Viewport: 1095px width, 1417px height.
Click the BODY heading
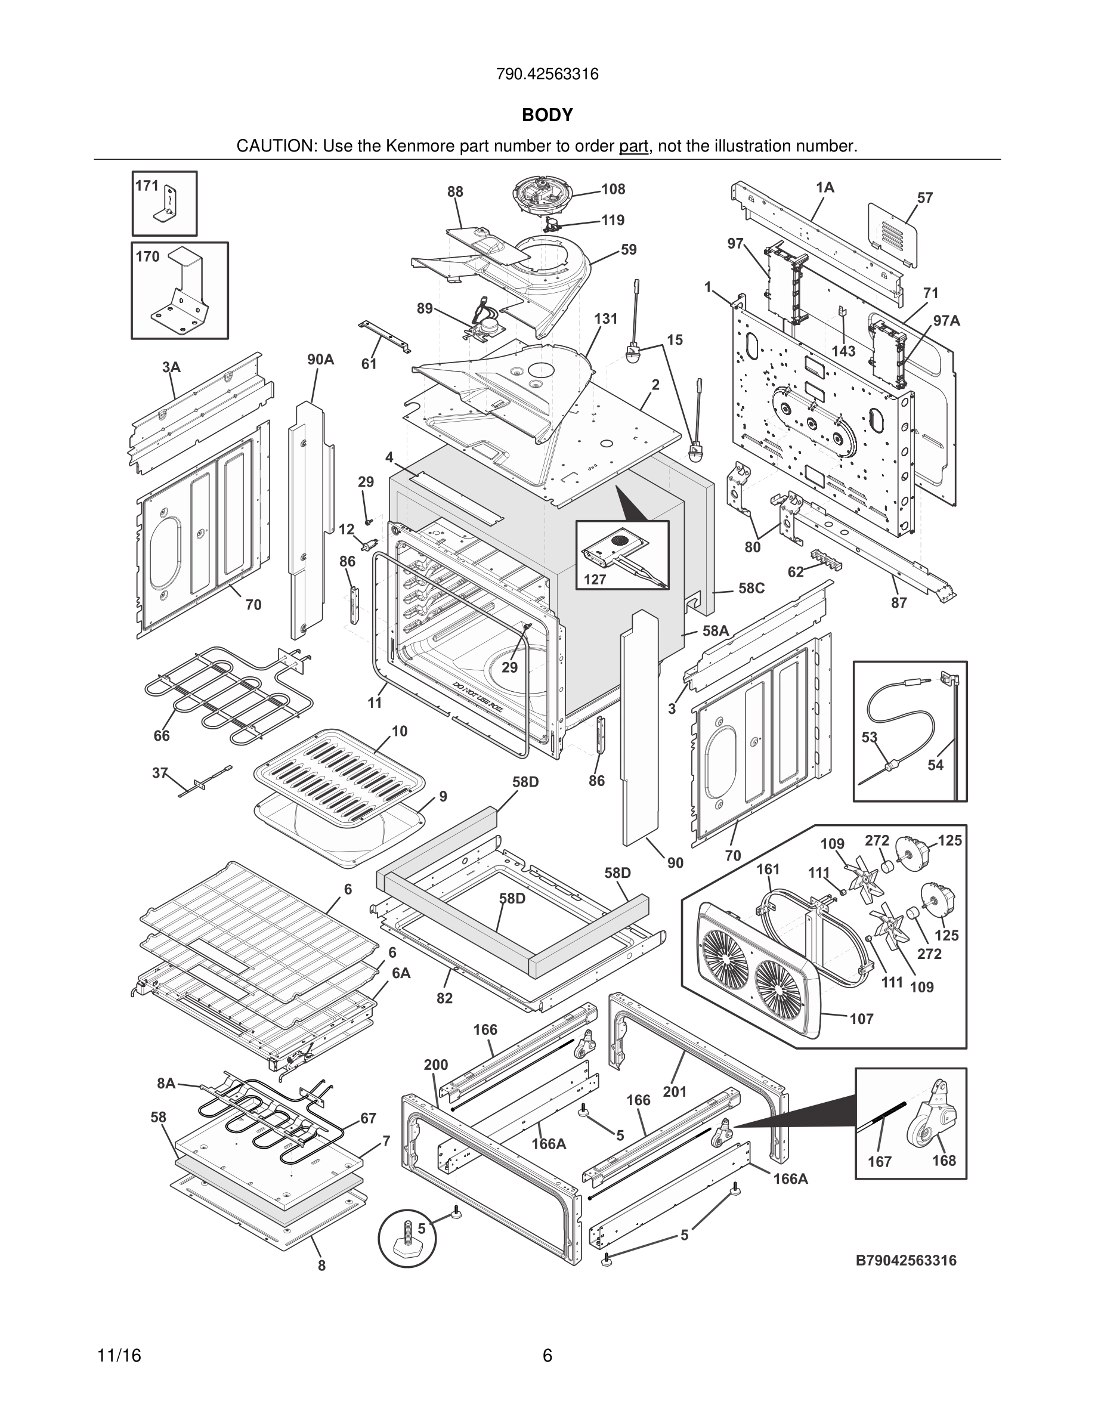tap(547, 115)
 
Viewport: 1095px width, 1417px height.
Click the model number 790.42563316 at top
tap(547, 75)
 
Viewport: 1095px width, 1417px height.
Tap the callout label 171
tap(147, 185)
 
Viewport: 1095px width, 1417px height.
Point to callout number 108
tap(613, 189)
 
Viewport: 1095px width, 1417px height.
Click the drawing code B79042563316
tap(905, 1261)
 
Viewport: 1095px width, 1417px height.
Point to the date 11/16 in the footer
tap(119, 1356)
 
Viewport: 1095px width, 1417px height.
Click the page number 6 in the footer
tap(547, 1356)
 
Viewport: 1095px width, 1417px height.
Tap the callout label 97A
tap(946, 320)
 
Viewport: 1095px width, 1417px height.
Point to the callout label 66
tap(162, 735)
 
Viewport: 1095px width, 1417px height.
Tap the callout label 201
tap(675, 1092)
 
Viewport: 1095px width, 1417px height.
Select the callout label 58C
tap(751, 589)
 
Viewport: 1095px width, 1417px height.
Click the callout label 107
tap(861, 1019)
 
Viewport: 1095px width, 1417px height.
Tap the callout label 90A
tap(320, 360)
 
